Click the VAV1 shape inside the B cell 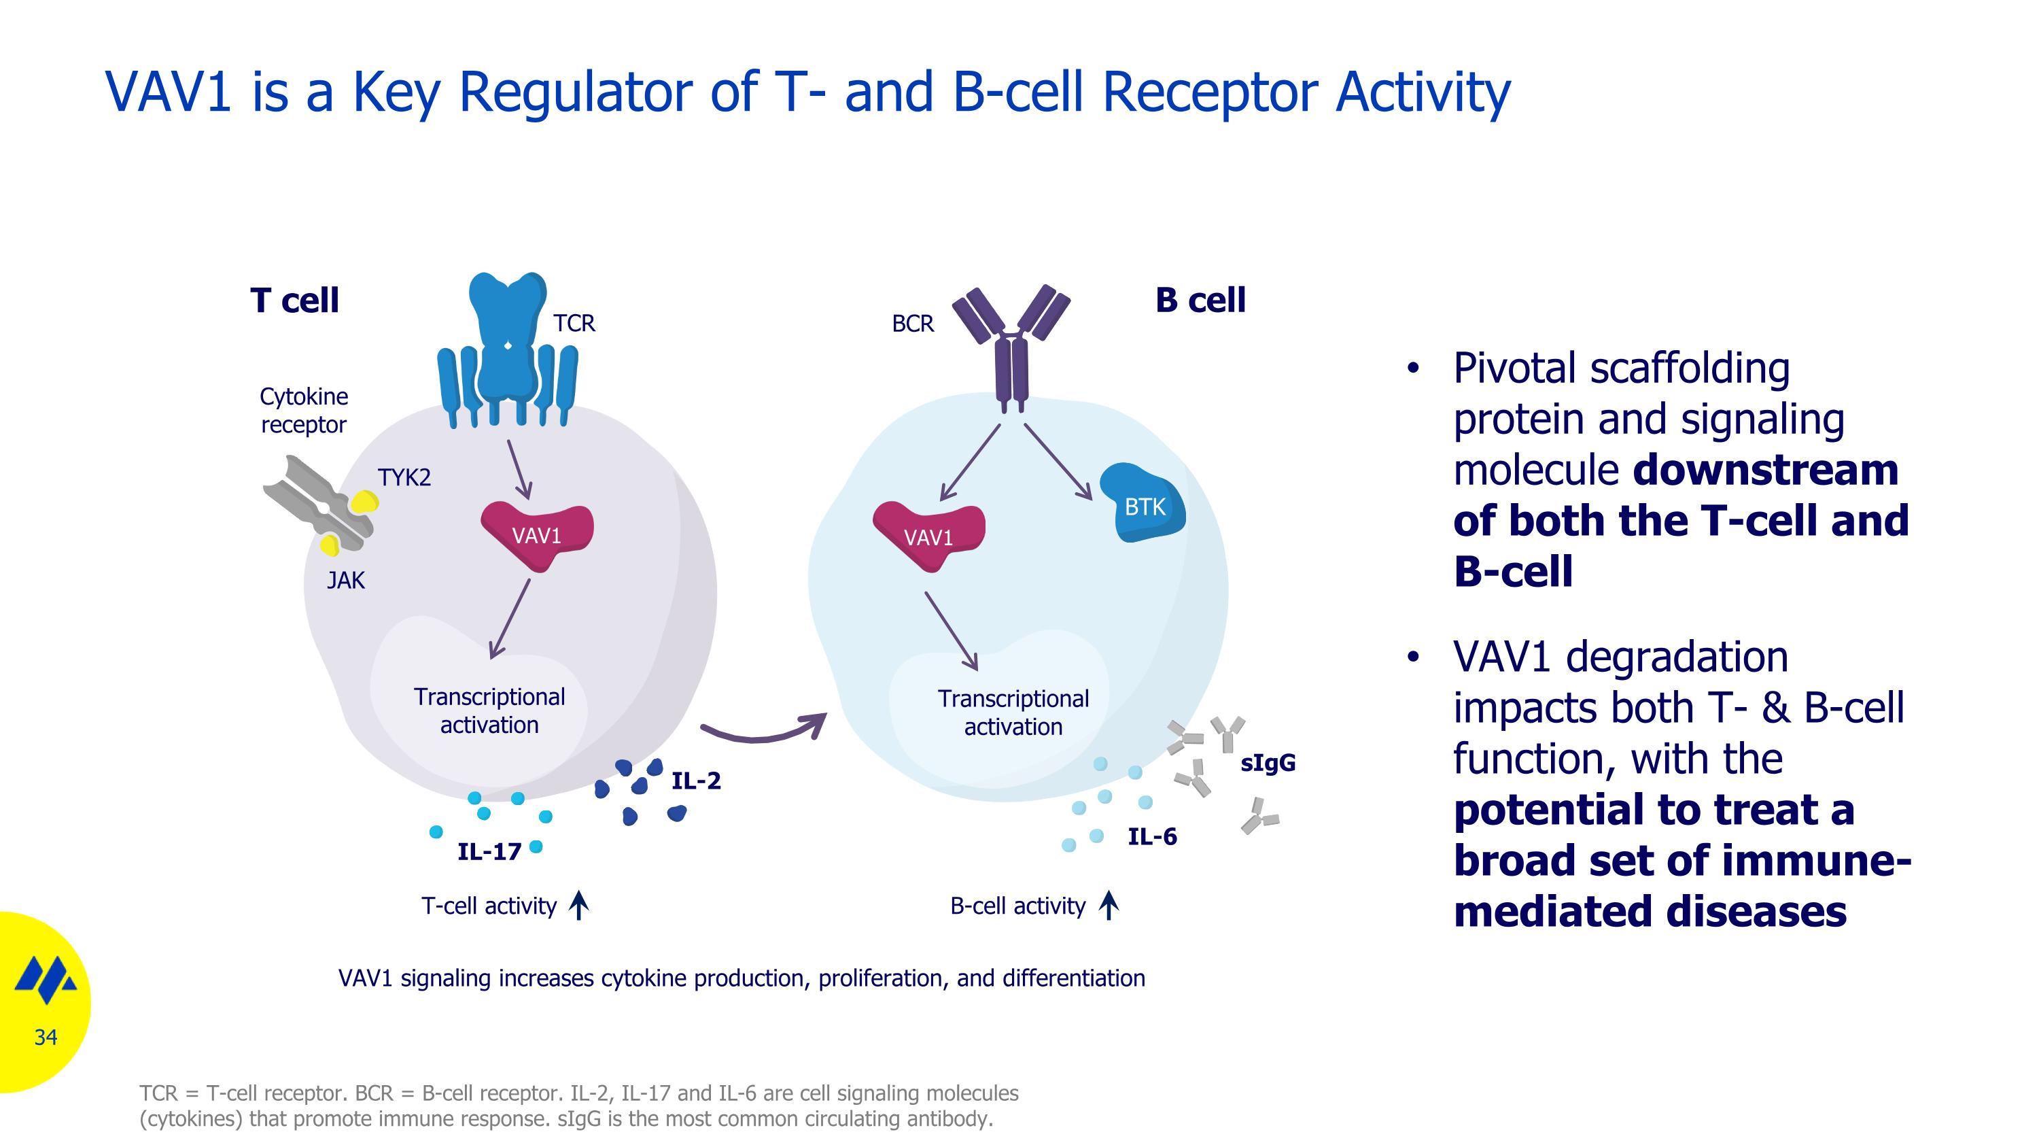[x=928, y=536]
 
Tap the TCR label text [x=574, y=323]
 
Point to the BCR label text [x=913, y=324]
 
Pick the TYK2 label [x=404, y=477]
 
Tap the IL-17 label [x=489, y=852]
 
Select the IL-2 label [x=696, y=781]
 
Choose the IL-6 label [x=1151, y=837]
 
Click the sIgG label [x=1268, y=763]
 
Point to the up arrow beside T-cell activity [x=579, y=906]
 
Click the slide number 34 [x=46, y=1037]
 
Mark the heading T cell [x=294, y=301]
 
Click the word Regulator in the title [x=576, y=92]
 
